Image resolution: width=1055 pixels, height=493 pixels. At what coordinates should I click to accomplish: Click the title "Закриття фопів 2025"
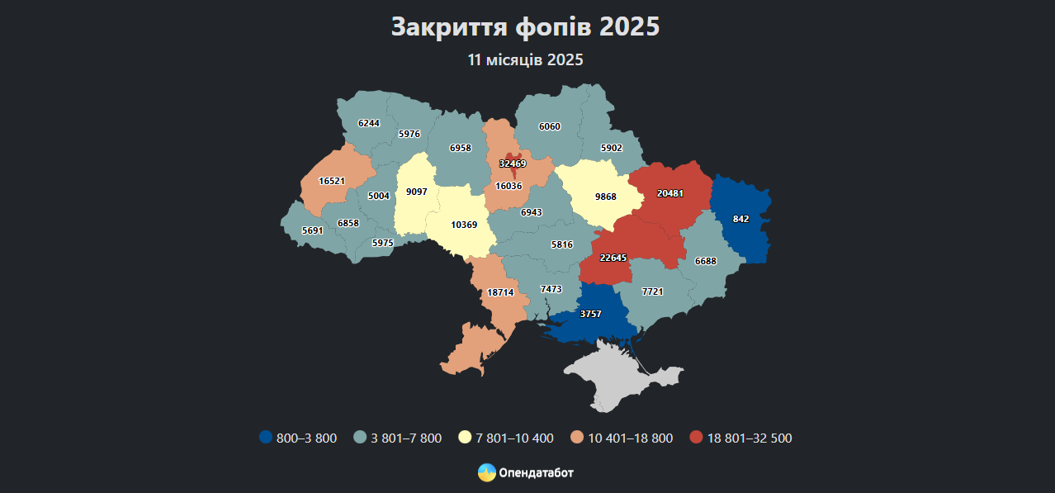point(526,26)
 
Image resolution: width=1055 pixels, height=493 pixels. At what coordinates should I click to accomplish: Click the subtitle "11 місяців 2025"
point(526,60)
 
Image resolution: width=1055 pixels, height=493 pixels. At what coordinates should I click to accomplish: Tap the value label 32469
point(512,164)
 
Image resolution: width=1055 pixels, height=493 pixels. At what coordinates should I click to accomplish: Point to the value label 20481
point(669,193)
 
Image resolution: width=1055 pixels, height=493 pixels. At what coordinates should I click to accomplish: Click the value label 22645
point(613,258)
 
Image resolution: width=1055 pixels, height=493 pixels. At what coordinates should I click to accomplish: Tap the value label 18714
point(500,292)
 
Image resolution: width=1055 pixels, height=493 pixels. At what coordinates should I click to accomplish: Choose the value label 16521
point(331,180)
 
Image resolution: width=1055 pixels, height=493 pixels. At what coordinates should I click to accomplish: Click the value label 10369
point(464,225)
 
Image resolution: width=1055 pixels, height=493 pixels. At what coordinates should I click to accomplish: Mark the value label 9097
point(417,192)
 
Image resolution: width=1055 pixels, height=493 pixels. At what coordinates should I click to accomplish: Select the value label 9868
point(606,197)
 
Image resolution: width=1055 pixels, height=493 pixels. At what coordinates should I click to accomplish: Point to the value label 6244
point(369,123)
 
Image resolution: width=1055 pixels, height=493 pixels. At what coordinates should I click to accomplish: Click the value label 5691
point(312,230)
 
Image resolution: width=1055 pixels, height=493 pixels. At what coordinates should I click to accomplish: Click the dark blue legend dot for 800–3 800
point(265,438)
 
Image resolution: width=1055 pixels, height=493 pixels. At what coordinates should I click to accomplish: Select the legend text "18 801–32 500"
point(749,438)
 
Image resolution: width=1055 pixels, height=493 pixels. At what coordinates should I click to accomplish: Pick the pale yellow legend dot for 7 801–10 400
point(466,438)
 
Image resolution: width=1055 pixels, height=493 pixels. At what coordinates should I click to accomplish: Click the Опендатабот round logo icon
point(487,472)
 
